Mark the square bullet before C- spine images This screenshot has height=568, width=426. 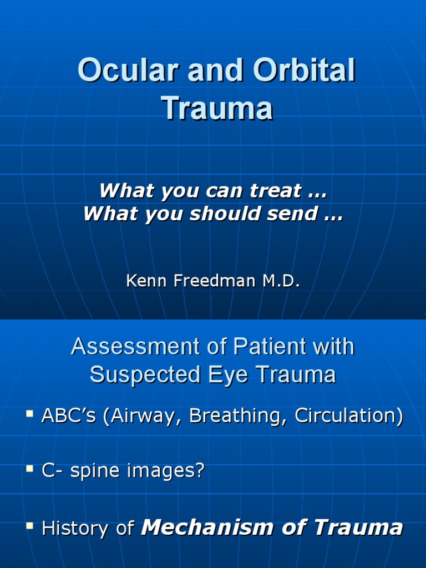point(30,469)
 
